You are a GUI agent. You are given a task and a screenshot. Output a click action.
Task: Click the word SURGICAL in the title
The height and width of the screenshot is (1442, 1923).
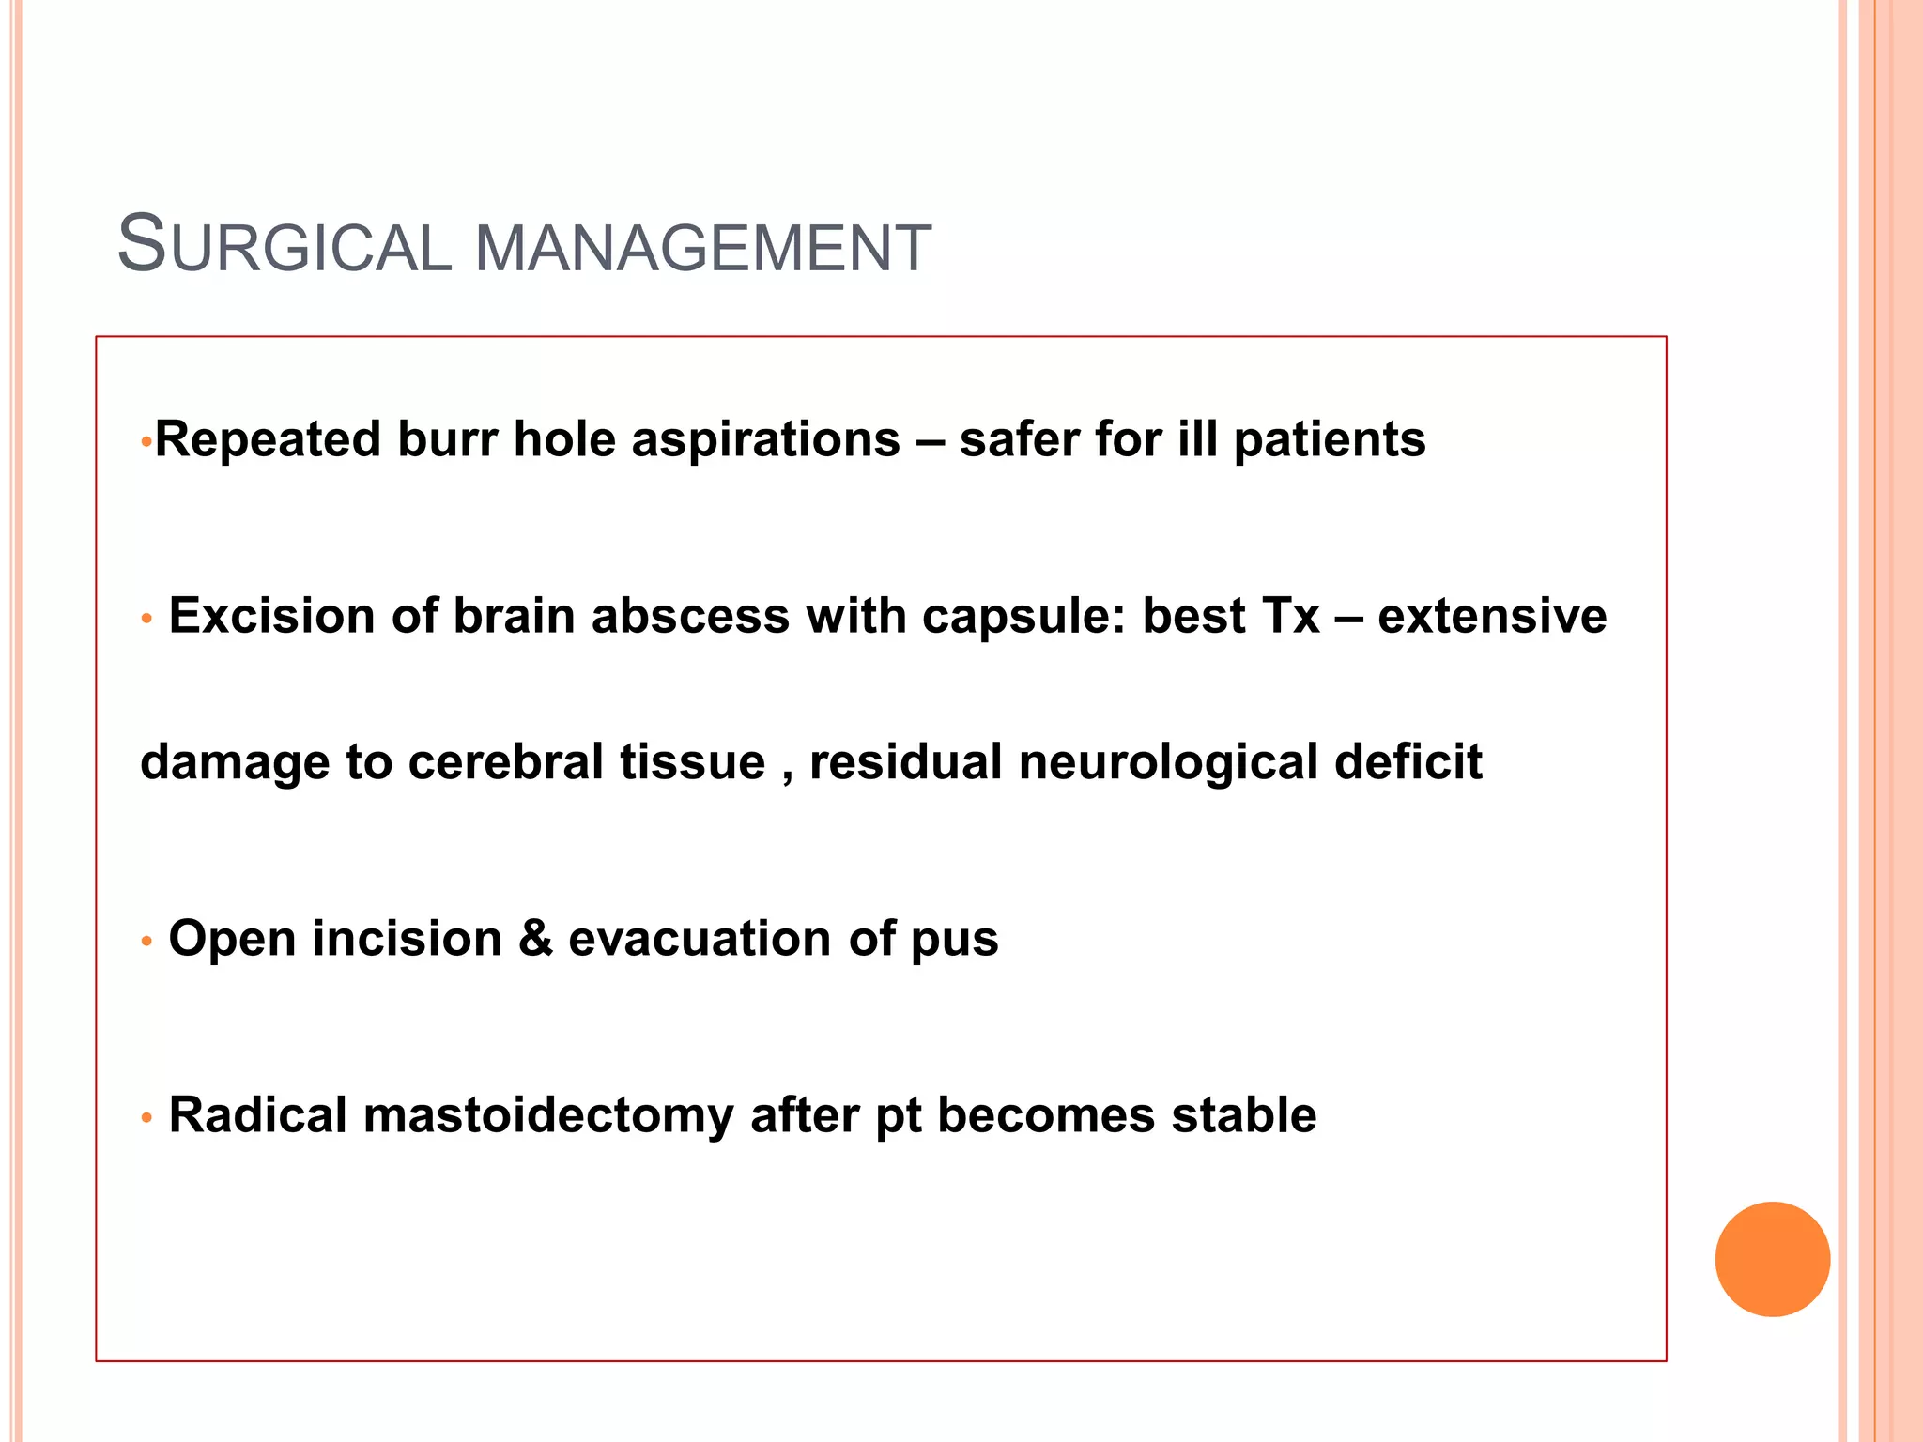(x=284, y=246)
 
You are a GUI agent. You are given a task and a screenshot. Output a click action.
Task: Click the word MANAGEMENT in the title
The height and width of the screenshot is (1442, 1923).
(x=702, y=249)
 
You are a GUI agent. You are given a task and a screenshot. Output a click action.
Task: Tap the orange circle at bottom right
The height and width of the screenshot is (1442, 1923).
(x=1772, y=1259)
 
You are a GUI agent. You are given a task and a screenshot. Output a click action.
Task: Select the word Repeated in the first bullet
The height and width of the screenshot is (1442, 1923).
(x=268, y=439)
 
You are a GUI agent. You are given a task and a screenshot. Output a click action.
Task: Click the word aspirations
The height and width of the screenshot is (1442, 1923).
(x=765, y=439)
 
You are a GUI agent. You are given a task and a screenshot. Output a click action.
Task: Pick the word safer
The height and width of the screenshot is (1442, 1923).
(x=1018, y=439)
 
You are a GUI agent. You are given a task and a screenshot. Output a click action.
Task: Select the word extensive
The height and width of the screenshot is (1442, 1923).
(x=1492, y=616)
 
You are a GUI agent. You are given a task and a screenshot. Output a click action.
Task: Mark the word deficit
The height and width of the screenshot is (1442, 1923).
(x=1408, y=761)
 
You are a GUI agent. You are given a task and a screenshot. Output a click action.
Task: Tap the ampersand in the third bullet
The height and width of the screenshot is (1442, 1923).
(x=535, y=938)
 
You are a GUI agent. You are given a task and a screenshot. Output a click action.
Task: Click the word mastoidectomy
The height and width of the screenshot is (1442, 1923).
(x=548, y=1116)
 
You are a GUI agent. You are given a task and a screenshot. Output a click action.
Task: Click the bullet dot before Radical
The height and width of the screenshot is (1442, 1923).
(x=146, y=1118)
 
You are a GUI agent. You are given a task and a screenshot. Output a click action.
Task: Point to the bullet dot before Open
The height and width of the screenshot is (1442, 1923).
(x=146, y=941)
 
